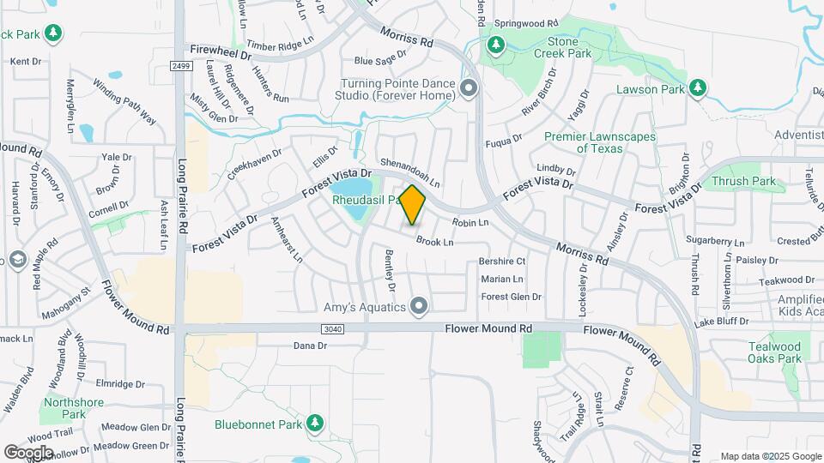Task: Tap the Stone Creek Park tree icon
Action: (495, 44)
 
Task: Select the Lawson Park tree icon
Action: (698, 88)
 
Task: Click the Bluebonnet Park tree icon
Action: (315, 423)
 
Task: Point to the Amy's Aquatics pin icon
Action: (419, 304)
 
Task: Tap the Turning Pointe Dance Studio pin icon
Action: (468, 88)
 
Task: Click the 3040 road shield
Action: (333, 329)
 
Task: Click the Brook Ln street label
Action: (434, 243)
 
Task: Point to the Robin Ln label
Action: (470, 223)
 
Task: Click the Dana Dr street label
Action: (311, 346)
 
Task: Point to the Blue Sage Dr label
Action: (379, 59)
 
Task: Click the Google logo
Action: (28, 452)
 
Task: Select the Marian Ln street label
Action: (502, 280)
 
